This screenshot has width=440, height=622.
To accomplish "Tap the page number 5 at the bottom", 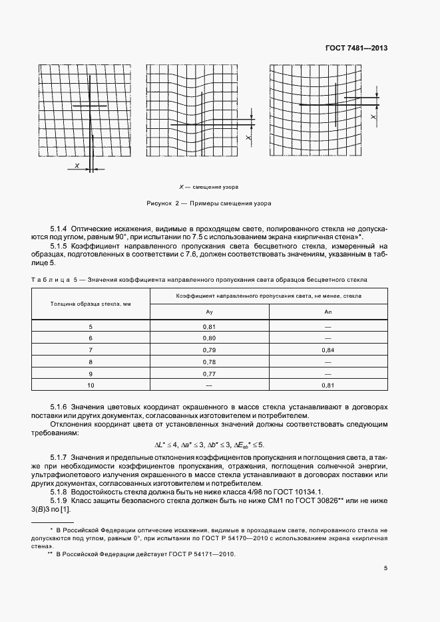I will (385, 568).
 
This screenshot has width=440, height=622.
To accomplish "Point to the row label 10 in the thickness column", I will (91, 385).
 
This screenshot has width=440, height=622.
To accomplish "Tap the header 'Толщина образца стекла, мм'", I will (91, 304).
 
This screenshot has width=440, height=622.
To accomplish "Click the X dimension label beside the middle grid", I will (248, 138).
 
